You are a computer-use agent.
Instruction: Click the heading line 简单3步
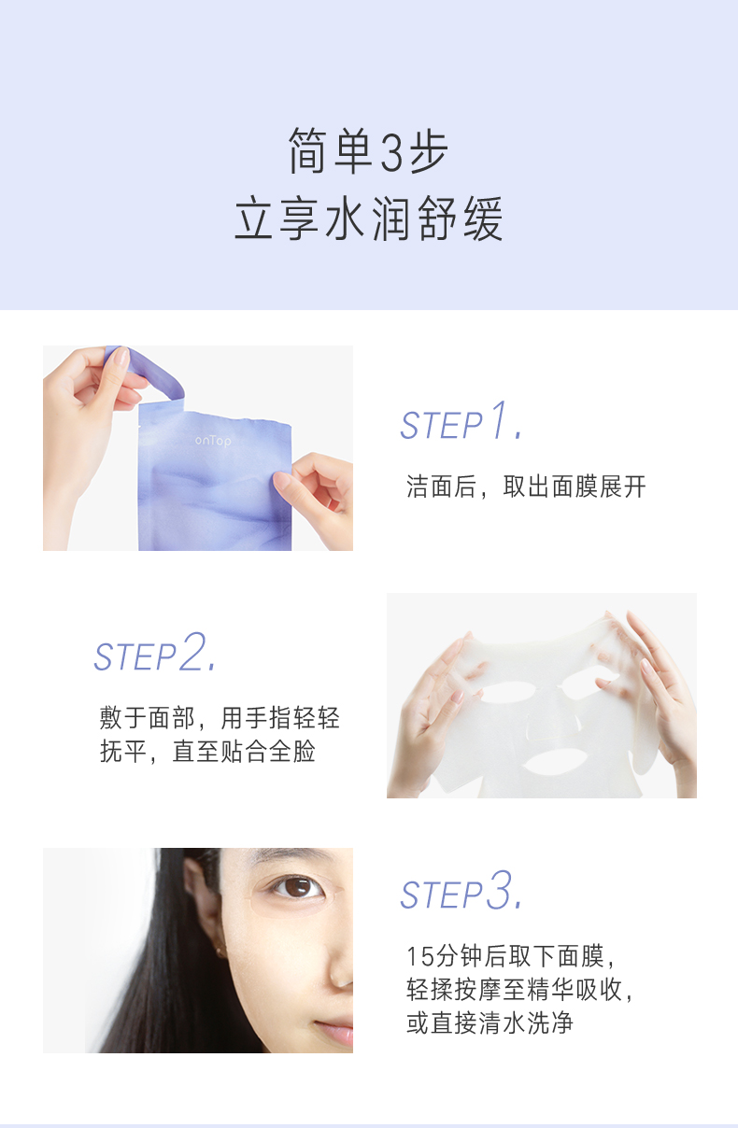[368, 151]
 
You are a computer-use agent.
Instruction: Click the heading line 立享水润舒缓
[368, 219]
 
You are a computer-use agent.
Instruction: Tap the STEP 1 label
[461, 420]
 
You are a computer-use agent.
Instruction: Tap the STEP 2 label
[155, 652]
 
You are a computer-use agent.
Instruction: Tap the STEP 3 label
[461, 891]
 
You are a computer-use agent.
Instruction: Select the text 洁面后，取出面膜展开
[526, 486]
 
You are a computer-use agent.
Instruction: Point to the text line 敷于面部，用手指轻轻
[220, 717]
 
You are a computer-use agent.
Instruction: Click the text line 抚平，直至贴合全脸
[207, 752]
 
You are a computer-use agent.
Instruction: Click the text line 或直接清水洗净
[490, 1023]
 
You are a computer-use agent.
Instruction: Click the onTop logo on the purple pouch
[213, 441]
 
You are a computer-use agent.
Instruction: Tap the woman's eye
[297, 887]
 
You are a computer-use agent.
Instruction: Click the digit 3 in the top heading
[391, 152]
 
